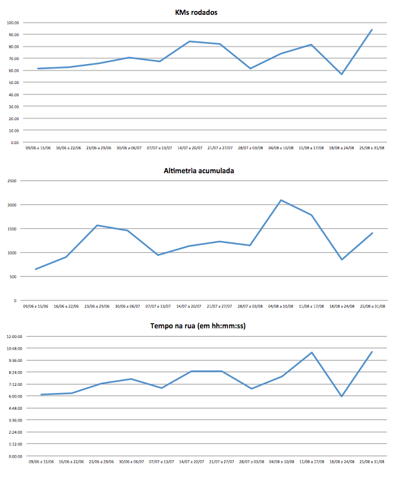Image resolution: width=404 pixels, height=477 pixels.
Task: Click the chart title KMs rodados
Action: coord(200,12)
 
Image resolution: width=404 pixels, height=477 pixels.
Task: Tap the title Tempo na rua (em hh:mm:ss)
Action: coord(200,326)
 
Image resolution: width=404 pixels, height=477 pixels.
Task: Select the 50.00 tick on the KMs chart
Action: coord(13,82)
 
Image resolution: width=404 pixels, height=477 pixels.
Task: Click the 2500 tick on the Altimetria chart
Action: coord(12,181)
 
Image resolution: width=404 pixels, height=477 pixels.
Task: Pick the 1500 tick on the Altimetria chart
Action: coord(12,229)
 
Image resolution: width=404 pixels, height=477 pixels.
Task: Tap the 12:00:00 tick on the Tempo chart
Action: coord(14,337)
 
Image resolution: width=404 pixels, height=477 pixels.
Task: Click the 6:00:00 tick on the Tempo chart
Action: coord(14,396)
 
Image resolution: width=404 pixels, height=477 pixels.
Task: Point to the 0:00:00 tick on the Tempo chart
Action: coord(14,456)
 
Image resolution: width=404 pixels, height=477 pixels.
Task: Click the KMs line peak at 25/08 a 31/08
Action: coord(372,30)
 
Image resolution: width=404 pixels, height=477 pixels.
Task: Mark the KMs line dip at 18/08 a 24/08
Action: coord(341,74)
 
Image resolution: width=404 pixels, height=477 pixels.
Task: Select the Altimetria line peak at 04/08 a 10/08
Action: coord(281,200)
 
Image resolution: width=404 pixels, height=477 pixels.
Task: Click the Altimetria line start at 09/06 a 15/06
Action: coord(36,269)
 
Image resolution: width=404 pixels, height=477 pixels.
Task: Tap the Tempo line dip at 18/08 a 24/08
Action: coord(341,396)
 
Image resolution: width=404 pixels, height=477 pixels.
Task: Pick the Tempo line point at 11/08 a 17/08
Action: coord(311,353)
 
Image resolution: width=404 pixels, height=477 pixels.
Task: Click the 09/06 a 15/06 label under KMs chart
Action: coord(38,148)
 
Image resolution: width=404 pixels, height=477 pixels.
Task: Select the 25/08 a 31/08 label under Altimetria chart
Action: coord(372,306)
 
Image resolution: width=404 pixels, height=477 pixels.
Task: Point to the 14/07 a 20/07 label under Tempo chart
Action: coord(190,462)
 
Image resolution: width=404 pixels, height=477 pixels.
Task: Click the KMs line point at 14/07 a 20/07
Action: coord(189,41)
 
